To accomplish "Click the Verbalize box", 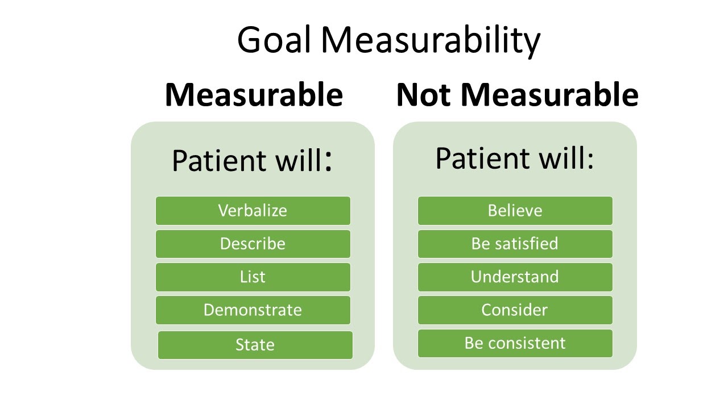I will pyautogui.click(x=253, y=211).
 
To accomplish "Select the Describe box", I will pyautogui.click(x=253, y=244).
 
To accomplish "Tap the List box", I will pyautogui.click(x=253, y=277).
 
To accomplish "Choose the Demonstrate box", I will pyautogui.click(x=253, y=310).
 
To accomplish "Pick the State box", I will pyautogui.click(x=255, y=345).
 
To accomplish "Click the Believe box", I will pyautogui.click(x=515, y=211).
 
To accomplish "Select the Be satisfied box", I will pyautogui.click(x=515, y=244).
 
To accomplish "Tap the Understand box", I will pyautogui.click(x=515, y=277).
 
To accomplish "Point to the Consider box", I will pyautogui.click(x=515, y=310).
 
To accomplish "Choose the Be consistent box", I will pyautogui.click(x=515, y=343).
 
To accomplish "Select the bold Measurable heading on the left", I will pyautogui.click(x=254, y=95).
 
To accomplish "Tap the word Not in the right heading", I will pyautogui.click(x=424, y=95).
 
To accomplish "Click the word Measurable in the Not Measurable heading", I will pyautogui.click(x=549, y=95).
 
